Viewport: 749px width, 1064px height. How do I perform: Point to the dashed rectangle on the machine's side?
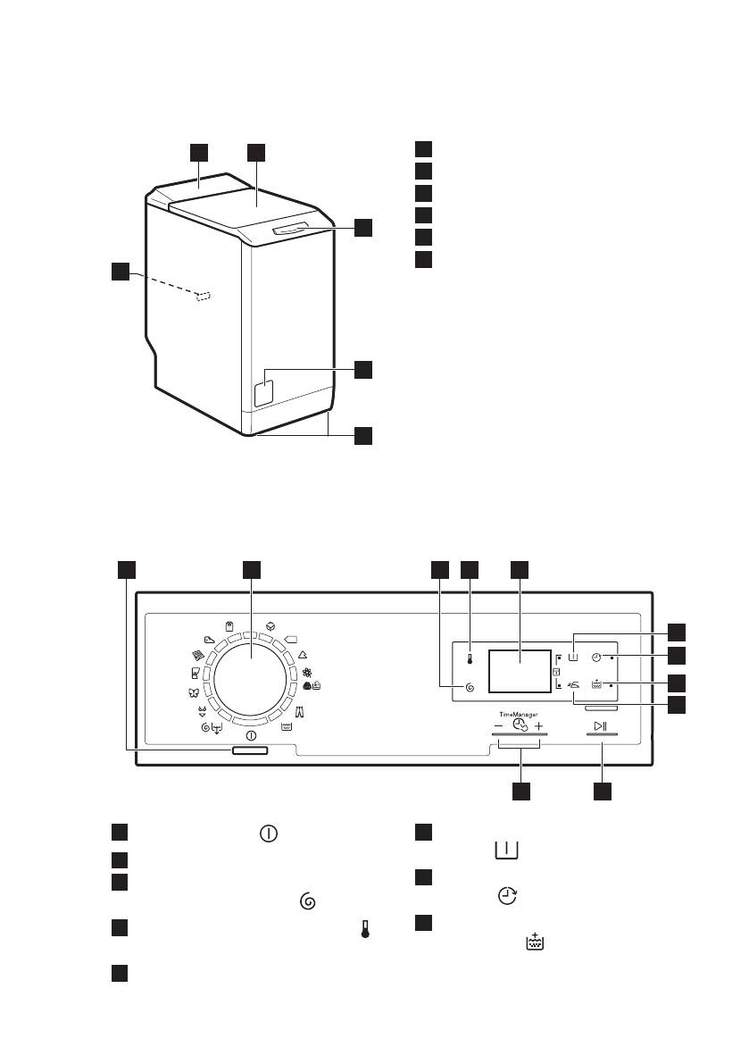(x=204, y=297)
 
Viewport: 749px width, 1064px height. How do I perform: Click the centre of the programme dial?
(x=252, y=676)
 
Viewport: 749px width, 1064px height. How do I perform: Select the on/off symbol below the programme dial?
(x=251, y=735)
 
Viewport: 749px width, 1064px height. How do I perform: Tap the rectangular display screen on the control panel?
(x=520, y=670)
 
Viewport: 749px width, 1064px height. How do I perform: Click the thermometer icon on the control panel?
(x=470, y=659)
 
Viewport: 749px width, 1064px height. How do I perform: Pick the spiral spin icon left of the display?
(x=469, y=688)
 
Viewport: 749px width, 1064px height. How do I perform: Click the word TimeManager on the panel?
(x=519, y=715)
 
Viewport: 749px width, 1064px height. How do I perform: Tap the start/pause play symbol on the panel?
(x=601, y=726)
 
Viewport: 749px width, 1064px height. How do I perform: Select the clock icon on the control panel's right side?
(x=595, y=658)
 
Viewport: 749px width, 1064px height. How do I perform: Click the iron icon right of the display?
(x=573, y=685)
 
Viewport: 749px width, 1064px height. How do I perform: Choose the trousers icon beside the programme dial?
(x=300, y=712)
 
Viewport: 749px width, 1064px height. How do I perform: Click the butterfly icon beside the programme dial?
(x=192, y=693)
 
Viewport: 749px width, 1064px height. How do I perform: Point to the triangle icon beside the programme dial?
(x=303, y=656)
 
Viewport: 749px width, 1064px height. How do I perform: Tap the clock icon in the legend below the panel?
(x=507, y=896)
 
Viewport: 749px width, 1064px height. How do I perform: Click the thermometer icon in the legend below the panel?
(x=365, y=930)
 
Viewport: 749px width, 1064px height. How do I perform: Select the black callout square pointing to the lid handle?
(x=363, y=227)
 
